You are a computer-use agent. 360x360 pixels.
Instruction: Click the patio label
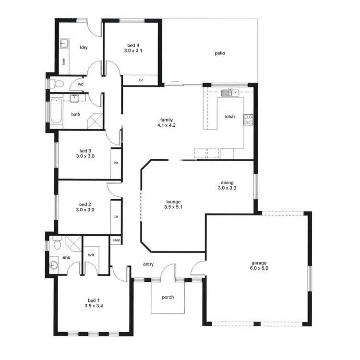[220, 53]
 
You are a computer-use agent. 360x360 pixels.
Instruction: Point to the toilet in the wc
[57, 83]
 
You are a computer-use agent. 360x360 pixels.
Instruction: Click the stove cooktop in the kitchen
[248, 120]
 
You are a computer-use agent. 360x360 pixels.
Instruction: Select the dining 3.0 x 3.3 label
[227, 186]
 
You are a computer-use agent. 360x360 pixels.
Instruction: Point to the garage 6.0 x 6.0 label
[259, 265]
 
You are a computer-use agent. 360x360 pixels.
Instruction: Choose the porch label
[168, 297]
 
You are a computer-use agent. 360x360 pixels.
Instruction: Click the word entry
[148, 264]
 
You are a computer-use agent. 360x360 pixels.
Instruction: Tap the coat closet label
[116, 240]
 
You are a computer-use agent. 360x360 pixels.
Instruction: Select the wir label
[90, 255]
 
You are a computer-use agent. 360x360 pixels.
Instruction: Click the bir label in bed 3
[116, 163]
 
